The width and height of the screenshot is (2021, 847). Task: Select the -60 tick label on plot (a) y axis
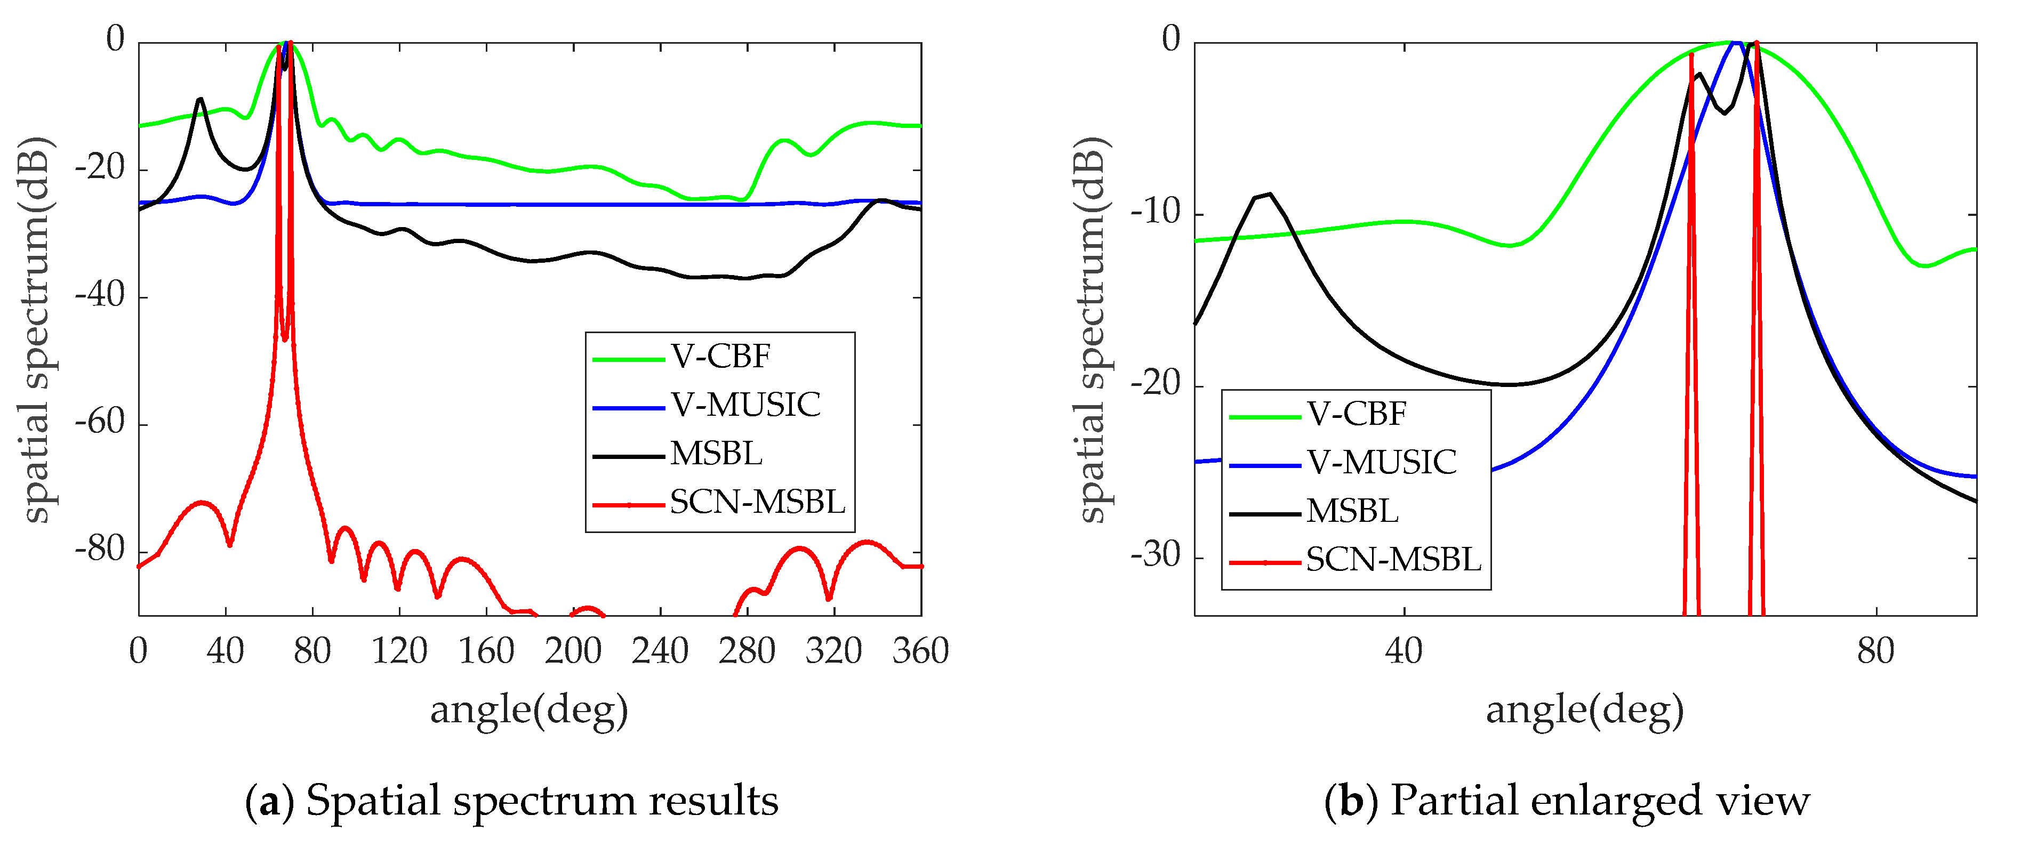[x=100, y=423]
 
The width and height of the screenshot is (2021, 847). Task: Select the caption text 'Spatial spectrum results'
[x=541, y=802]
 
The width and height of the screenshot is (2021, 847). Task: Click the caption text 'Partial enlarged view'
[x=1600, y=802]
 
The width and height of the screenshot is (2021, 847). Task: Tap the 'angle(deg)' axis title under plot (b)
[x=1585, y=711]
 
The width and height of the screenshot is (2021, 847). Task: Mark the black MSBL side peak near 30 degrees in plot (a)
[x=200, y=100]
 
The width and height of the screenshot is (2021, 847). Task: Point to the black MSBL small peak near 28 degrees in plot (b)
[x=1269, y=195]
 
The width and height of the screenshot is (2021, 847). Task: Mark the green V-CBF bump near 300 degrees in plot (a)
[x=784, y=141]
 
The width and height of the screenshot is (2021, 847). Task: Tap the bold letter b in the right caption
[x=1351, y=802]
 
